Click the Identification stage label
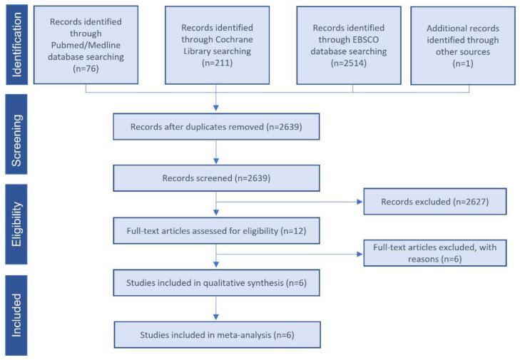tap(16, 45)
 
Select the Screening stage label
tap(16, 134)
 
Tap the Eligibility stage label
tap(16, 224)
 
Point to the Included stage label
tap(16, 315)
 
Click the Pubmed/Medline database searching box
tap(86, 45)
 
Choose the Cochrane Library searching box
tap(218, 45)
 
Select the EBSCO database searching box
tap(349, 46)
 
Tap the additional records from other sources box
tap(463, 46)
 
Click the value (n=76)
tap(86, 68)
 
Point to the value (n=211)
tap(218, 63)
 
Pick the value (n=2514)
tap(349, 63)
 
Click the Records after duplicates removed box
tap(216, 127)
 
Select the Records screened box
tap(216, 178)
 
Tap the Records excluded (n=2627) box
tap(435, 202)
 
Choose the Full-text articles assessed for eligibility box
tap(216, 231)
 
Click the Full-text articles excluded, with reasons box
tap(435, 253)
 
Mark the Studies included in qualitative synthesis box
tap(216, 283)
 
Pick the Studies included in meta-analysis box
tap(218, 335)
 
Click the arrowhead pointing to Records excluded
tap(360, 202)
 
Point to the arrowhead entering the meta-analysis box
tap(216, 317)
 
